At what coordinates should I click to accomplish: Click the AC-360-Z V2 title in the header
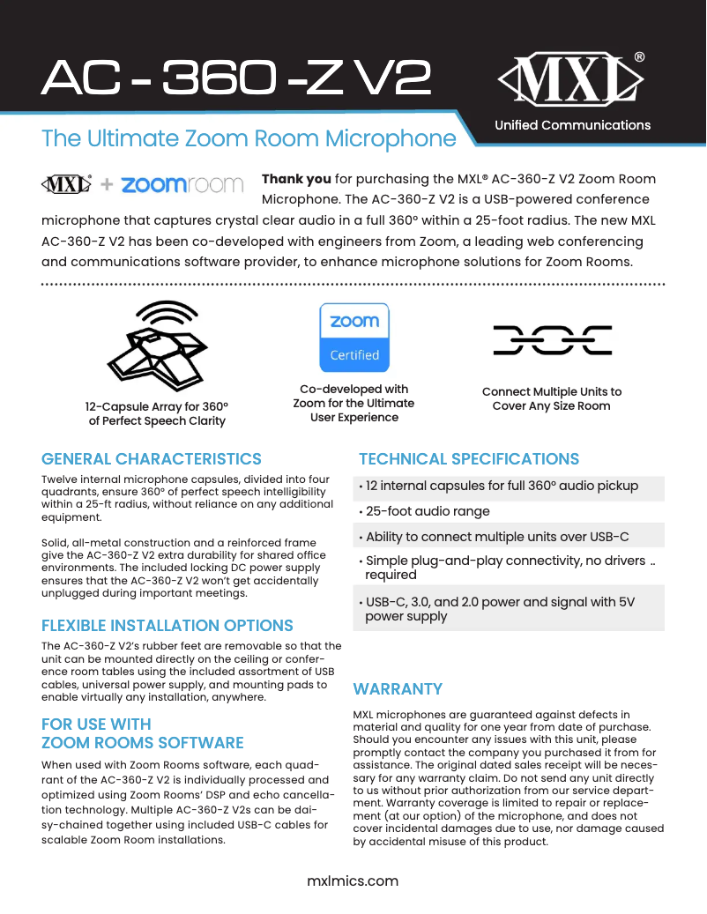(x=236, y=80)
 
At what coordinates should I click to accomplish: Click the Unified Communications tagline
(x=572, y=125)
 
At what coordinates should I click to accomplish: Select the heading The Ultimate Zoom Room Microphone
(x=249, y=139)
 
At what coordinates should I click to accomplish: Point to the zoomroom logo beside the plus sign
(x=182, y=185)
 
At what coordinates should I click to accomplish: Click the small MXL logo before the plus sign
(x=67, y=185)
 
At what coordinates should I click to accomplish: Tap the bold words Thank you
(x=295, y=178)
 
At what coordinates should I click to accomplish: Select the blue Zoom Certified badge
(x=353, y=338)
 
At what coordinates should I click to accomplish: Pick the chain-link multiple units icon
(x=552, y=340)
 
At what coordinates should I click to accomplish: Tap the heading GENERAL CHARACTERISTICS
(x=152, y=459)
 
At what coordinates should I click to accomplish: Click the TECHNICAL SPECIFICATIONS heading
(x=469, y=459)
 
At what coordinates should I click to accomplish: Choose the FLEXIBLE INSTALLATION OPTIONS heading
(x=167, y=626)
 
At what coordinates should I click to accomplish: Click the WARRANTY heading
(x=398, y=688)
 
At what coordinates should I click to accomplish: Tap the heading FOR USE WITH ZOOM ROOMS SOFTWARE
(x=143, y=733)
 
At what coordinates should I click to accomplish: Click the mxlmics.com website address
(x=353, y=881)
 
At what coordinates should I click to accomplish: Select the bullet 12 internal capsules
(x=502, y=486)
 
